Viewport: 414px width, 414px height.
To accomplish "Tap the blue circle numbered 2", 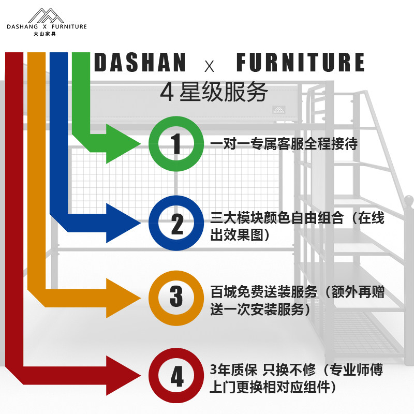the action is tap(176, 223).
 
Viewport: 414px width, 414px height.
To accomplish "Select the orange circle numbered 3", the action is tap(176, 297).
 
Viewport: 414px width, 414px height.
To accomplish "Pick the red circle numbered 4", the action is tap(176, 376).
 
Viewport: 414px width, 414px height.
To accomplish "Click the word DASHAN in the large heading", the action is tap(140, 62).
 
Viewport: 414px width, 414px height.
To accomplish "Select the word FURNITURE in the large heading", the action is tap(300, 62).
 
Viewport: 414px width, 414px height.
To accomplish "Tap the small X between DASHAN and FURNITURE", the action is tap(209, 66).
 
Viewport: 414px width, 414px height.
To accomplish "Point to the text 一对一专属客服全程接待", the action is tap(284, 143).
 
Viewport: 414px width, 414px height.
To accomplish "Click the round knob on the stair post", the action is tap(409, 199).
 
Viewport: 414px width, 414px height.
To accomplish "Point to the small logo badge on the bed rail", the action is tap(278, 109).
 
